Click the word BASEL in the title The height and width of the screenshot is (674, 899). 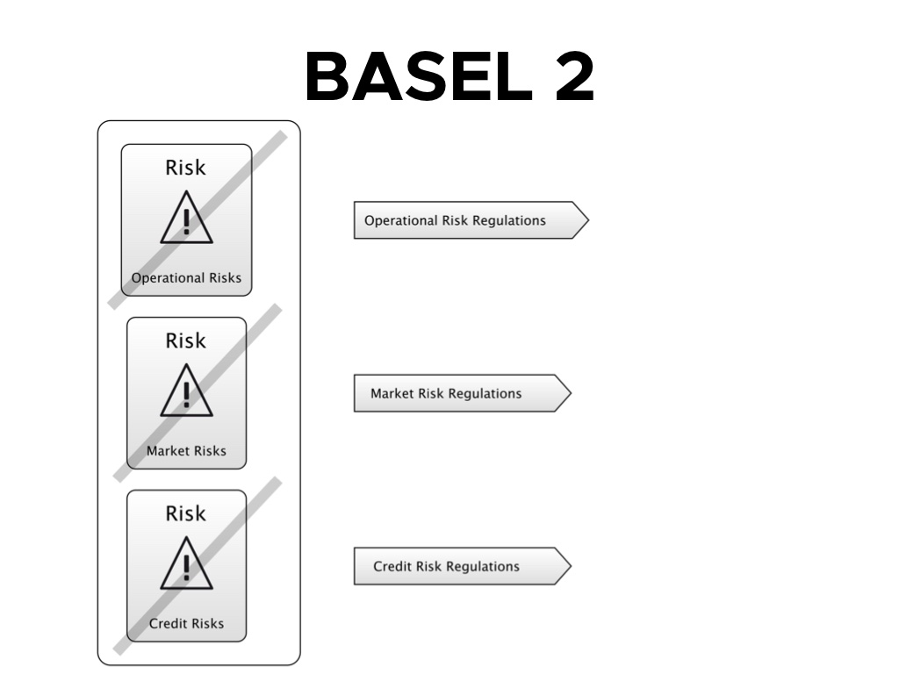[419, 76]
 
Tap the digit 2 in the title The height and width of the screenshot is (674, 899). [575, 76]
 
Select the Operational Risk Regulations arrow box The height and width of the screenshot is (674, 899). [471, 220]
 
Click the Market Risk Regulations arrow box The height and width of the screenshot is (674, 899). [463, 393]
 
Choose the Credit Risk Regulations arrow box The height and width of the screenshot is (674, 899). [463, 566]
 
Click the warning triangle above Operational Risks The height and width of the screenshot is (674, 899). [186, 218]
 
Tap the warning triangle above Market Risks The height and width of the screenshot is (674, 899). [186, 391]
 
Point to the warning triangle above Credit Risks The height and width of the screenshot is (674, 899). [186, 563]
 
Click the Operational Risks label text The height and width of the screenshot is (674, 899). [186, 278]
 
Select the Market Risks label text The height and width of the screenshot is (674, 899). [186, 451]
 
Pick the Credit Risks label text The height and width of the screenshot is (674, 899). [186, 624]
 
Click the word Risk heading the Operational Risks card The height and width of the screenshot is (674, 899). [185, 168]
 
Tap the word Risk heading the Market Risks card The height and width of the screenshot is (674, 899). [185, 341]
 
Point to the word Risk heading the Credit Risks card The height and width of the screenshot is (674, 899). [185, 513]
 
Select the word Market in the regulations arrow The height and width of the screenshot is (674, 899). [392, 394]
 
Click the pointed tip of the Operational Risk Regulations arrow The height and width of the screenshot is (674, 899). [589, 220]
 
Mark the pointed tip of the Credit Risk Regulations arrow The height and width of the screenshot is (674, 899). [571, 566]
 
